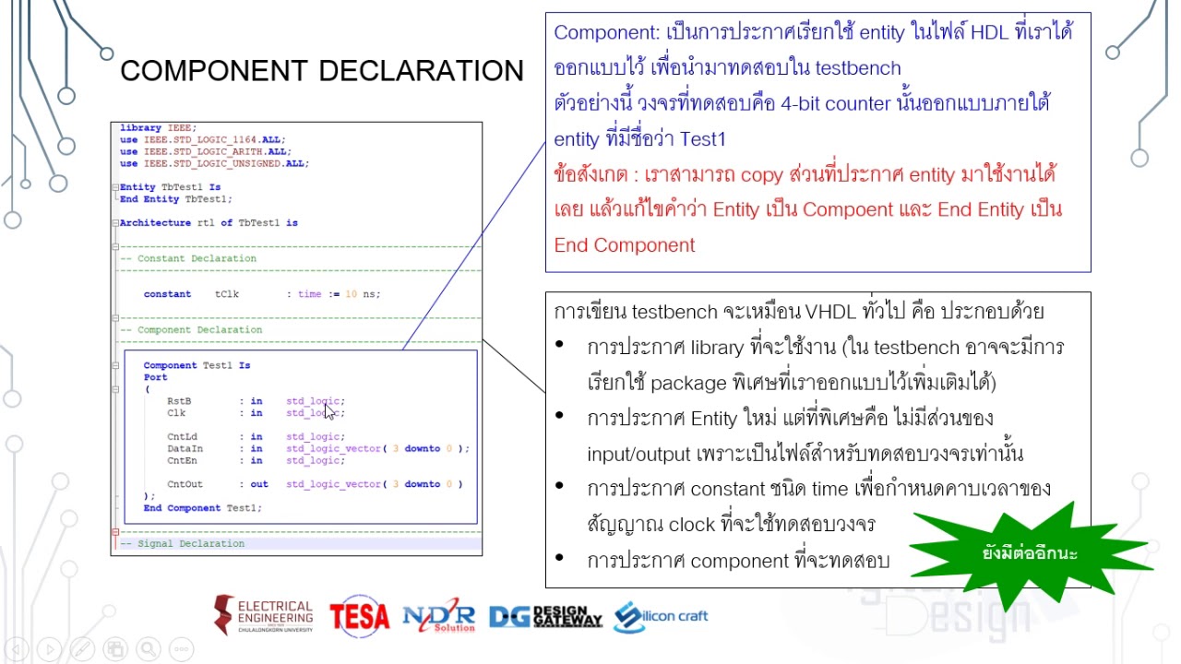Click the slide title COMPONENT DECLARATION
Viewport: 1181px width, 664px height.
click(321, 71)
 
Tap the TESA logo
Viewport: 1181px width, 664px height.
click(359, 616)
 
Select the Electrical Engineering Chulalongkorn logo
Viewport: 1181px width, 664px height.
click(264, 615)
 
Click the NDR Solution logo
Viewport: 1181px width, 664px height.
click(438, 616)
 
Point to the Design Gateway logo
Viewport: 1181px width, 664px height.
click(545, 616)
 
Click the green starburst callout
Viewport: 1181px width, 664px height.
click(1030, 553)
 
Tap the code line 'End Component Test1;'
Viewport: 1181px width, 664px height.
click(202, 508)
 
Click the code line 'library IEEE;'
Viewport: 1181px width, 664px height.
click(158, 128)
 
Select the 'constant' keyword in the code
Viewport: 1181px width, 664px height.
click(167, 294)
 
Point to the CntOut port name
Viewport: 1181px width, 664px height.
click(185, 484)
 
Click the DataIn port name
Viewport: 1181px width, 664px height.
click(185, 449)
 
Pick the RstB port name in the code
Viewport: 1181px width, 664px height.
click(179, 401)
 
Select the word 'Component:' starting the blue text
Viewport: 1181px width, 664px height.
click(606, 32)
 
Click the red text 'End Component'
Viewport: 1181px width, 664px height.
click(624, 245)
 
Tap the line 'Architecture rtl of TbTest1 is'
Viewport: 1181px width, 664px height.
click(209, 223)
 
